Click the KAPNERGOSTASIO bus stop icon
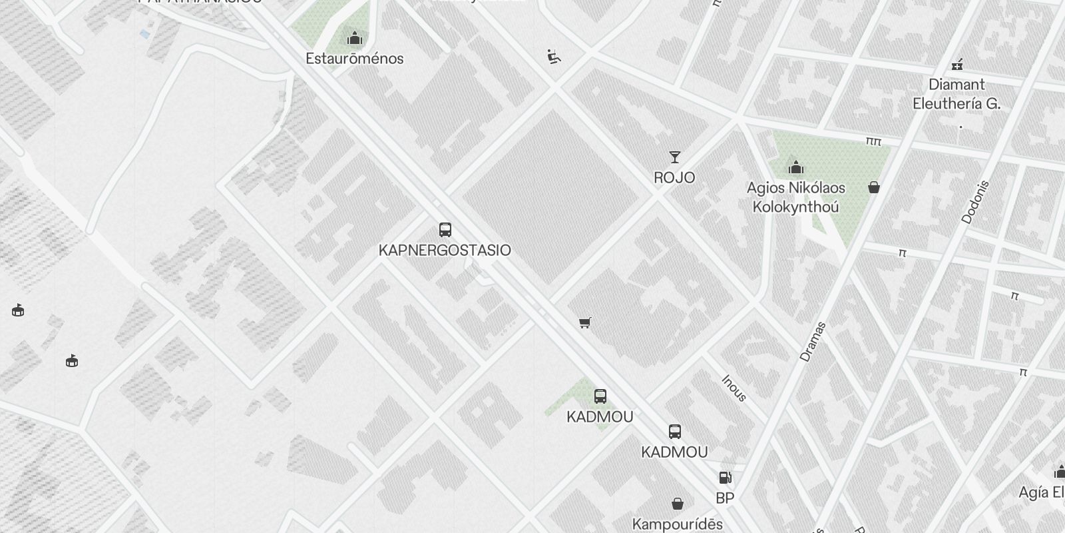[445, 230]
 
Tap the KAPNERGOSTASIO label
[445, 251]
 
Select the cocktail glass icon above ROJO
[675, 157]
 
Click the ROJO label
[674, 178]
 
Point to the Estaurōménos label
[355, 59]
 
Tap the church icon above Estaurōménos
[355, 37]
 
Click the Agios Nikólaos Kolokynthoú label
[795, 197]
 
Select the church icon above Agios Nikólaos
[795, 167]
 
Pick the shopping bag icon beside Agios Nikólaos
[874, 187]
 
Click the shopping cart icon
[585, 322]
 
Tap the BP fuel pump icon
[725, 477]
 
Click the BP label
[725, 498]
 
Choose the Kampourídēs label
[677, 524]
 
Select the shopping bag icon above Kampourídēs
[677, 503]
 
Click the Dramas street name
[813, 342]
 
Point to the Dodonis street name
[976, 202]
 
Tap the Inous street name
[734, 388]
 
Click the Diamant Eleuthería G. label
[957, 94]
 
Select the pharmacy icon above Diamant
[957, 65]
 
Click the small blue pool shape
[144, 34]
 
